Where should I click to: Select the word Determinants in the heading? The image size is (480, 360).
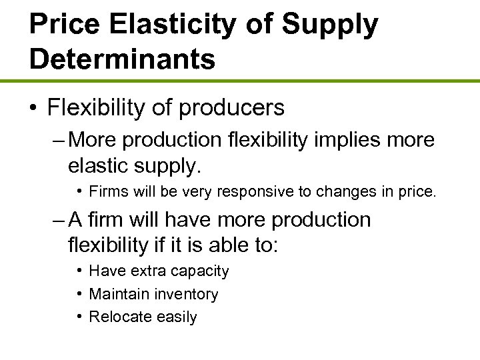(122, 59)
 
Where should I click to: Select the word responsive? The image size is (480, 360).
(245, 193)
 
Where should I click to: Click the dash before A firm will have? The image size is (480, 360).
(55, 220)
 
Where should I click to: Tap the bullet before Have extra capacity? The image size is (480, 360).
(79, 271)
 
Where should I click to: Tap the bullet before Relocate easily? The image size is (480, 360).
(79, 316)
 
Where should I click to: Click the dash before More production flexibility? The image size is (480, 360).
(55, 140)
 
